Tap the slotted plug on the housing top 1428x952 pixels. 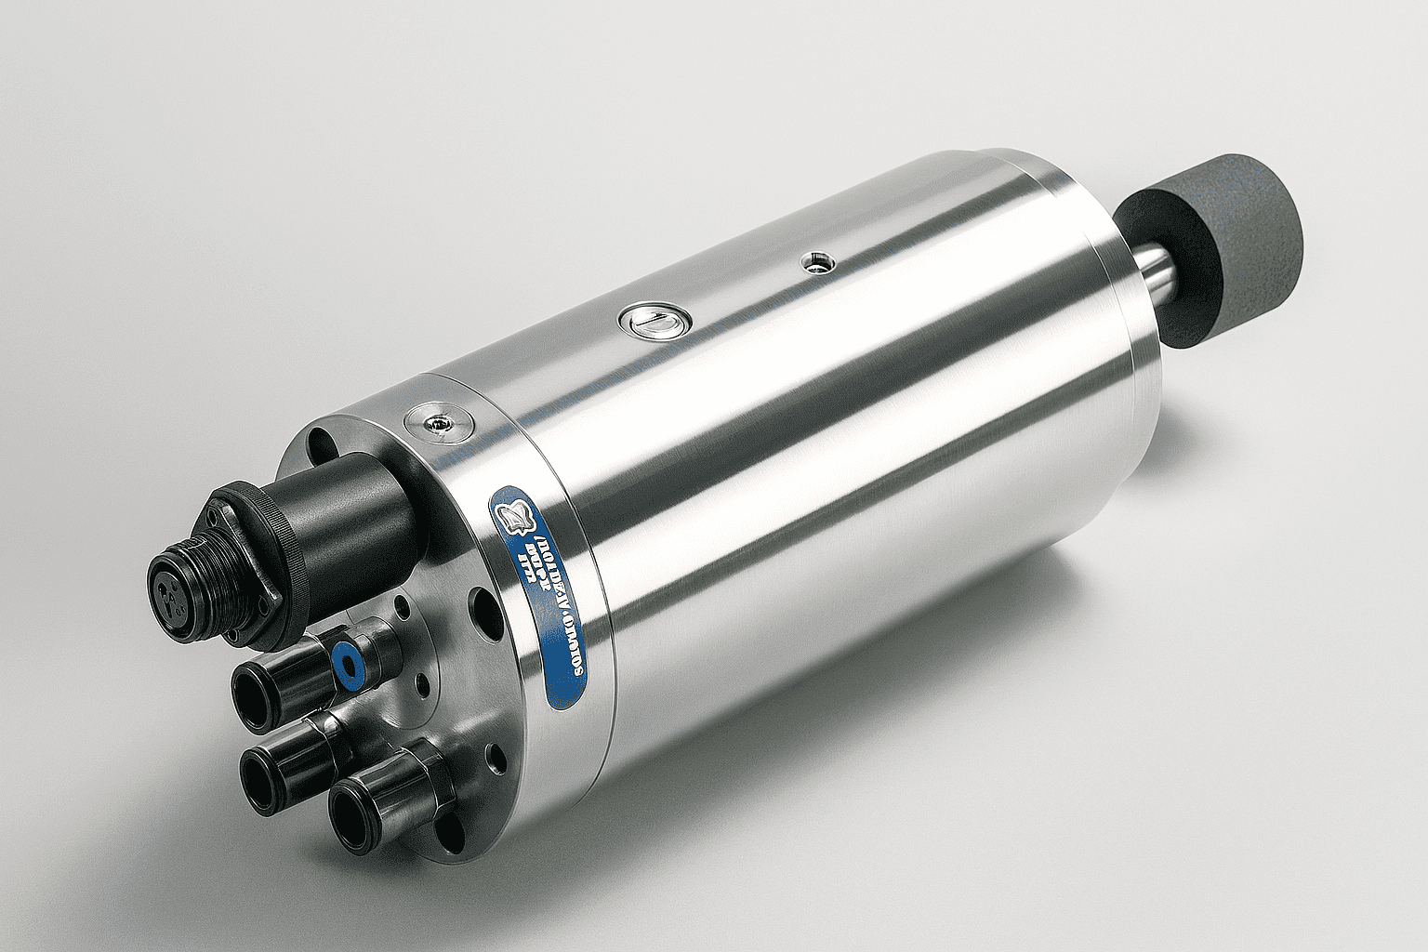(x=654, y=323)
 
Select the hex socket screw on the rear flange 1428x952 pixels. (x=434, y=423)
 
